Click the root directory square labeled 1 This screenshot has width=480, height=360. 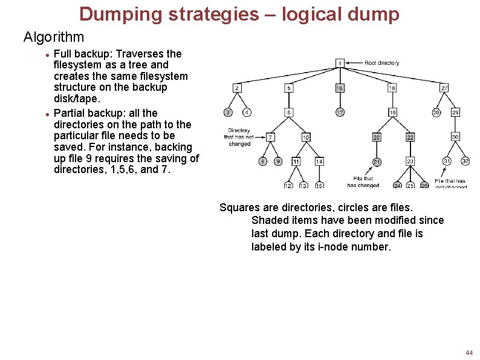click(340, 63)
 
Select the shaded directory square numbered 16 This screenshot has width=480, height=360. click(340, 88)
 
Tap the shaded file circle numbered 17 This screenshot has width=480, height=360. click(340, 113)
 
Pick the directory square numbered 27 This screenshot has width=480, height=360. click(444, 88)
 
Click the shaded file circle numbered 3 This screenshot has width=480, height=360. click(228, 113)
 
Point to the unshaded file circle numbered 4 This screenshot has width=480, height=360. click(247, 113)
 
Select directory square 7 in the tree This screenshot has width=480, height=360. click(270, 138)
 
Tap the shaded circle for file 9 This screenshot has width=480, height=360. click(278, 162)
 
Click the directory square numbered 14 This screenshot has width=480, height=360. click(319, 162)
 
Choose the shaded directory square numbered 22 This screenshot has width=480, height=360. click(410, 138)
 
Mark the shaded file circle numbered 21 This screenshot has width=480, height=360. click(377, 162)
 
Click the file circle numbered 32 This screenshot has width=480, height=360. click(465, 161)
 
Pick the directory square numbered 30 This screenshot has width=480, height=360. click(455, 137)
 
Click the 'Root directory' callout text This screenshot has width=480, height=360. click(382, 63)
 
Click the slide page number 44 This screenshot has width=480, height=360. click(469, 352)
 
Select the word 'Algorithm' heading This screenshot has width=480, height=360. click(54, 38)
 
